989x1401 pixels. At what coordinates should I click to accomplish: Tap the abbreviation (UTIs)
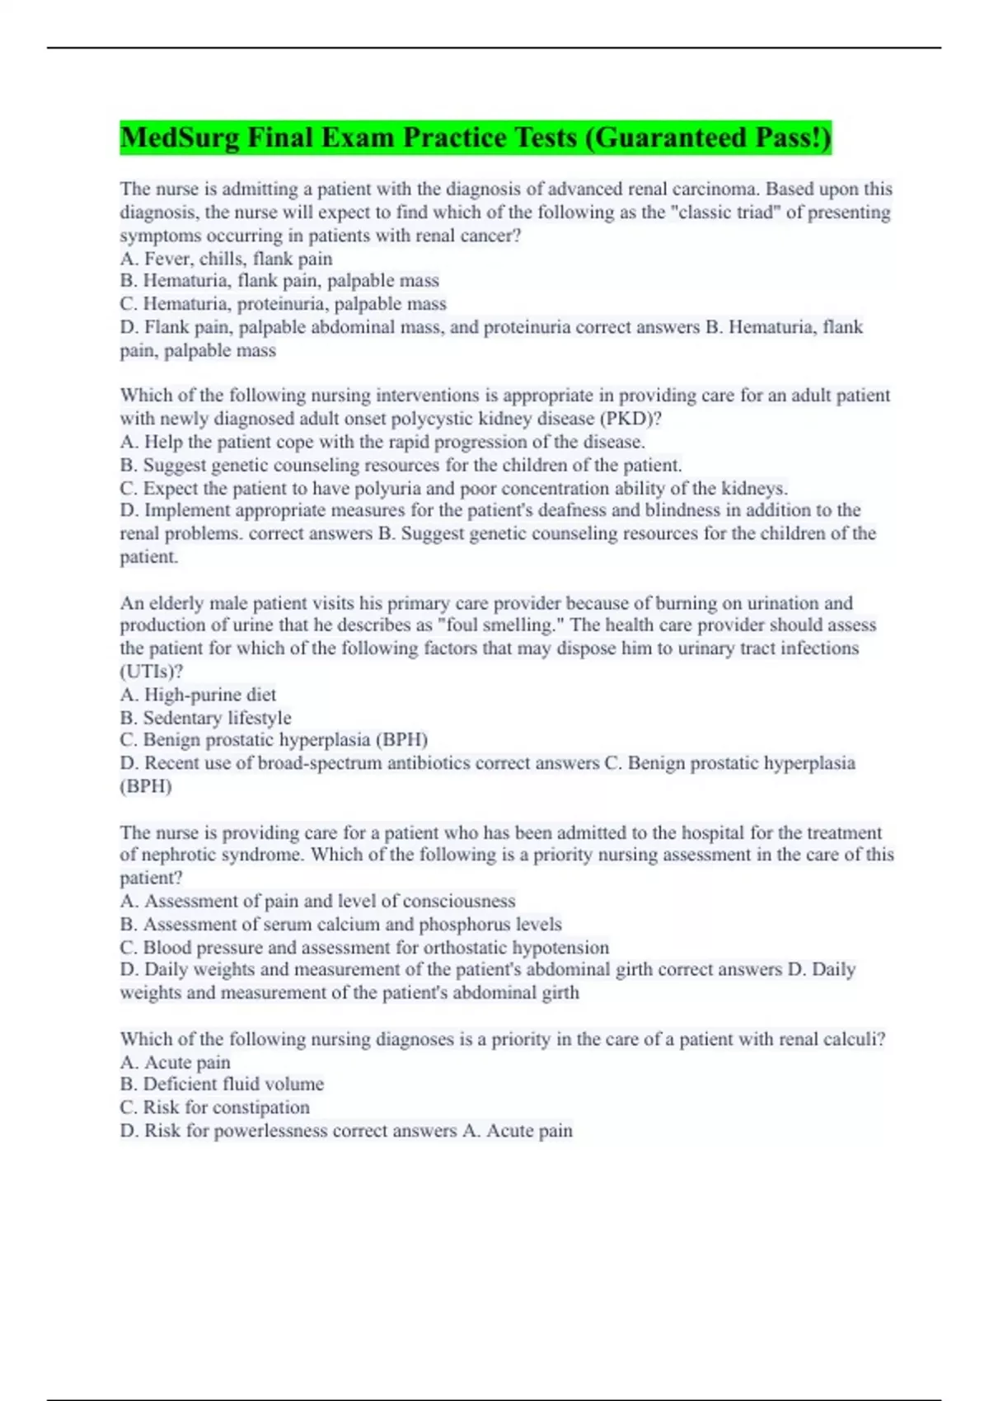tap(151, 671)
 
